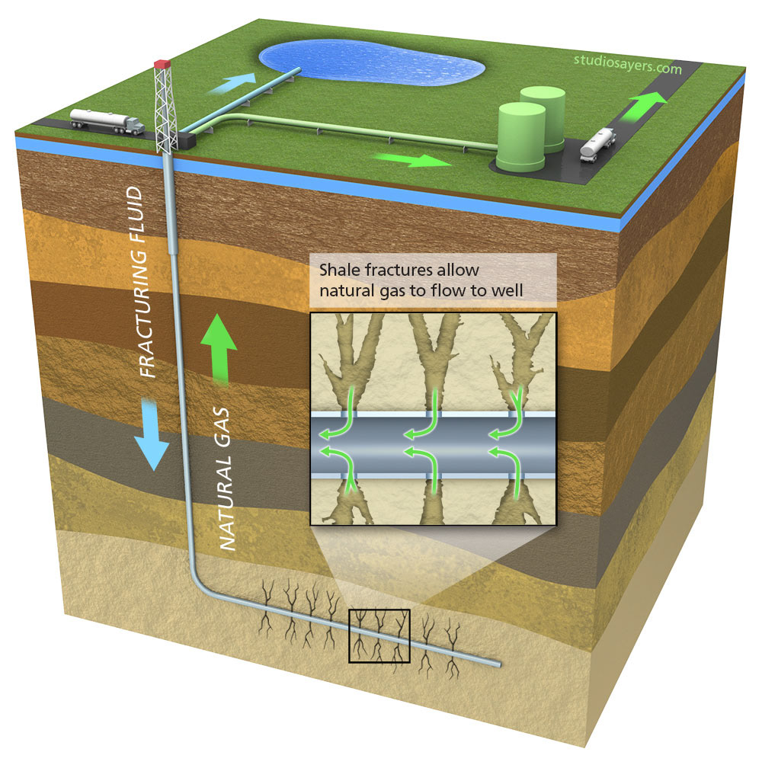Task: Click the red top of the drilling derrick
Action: point(161,65)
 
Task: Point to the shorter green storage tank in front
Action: point(521,137)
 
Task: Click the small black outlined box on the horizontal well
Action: point(379,635)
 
